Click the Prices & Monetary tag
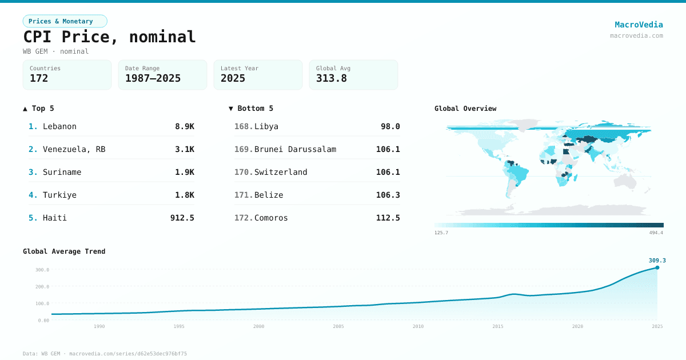pyautogui.click(x=65, y=21)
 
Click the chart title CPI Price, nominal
pyautogui.click(x=109, y=37)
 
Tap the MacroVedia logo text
pyautogui.click(x=639, y=25)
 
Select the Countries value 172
pyautogui.click(x=39, y=78)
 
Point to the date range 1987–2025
pyautogui.click(x=153, y=78)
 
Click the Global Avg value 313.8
pyautogui.click(x=332, y=78)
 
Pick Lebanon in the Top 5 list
pyautogui.click(x=59, y=126)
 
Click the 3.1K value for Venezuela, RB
pyautogui.click(x=185, y=149)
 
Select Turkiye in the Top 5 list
pyautogui.click(x=59, y=195)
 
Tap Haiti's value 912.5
pyautogui.click(x=182, y=218)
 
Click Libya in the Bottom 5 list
pyautogui.click(x=266, y=126)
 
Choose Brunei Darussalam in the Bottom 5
pyautogui.click(x=295, y=149)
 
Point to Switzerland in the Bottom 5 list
pyautogui.click(x=281, y=172)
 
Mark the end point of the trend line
pyautogui.click(x=657, y=267)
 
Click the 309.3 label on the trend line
pyautogui.click(x=657, y=261)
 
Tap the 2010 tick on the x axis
pyautogui.click(x=418, y=326)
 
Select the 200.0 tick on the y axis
pyautogui.click(x=43, y=286)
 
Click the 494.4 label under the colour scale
pyautogui.click(x=656, y=233)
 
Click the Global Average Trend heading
pyautogui.click(x=64, y=251)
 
